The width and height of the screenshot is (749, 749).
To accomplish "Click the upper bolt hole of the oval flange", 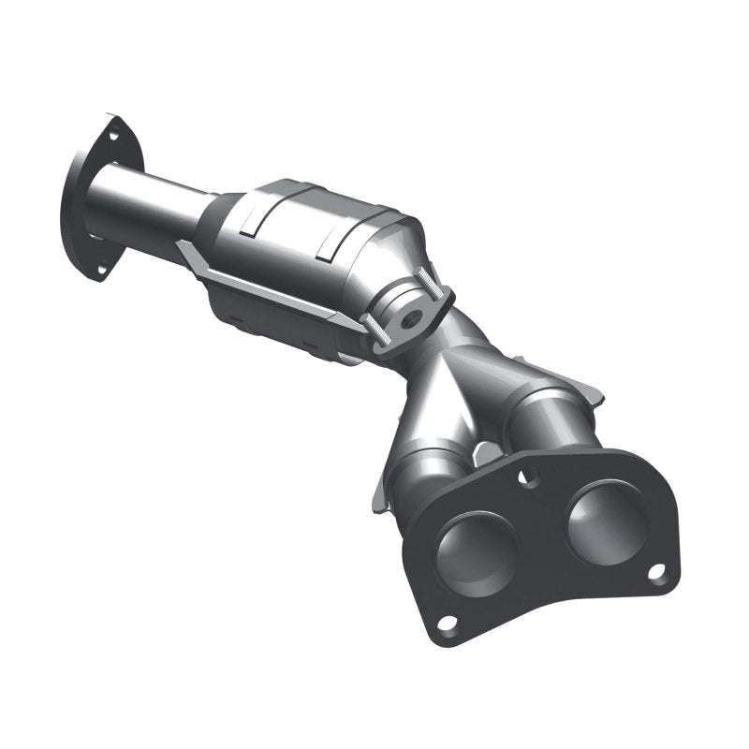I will coord(113,136).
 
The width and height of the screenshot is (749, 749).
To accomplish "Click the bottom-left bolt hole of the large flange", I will coord(447,622).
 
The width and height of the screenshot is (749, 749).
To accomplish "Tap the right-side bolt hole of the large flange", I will coord(656,569).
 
